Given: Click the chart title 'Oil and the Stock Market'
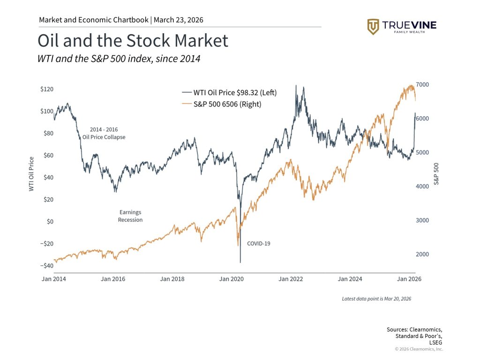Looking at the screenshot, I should click(133, 41).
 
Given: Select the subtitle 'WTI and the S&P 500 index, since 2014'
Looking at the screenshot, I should click(119, 59).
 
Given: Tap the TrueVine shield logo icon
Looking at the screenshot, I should click(373, 27).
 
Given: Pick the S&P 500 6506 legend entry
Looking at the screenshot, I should click(221, 104).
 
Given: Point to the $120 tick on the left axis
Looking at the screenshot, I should click(46, 89).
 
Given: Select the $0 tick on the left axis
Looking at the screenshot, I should click(49, 221).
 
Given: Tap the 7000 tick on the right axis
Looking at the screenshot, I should click(422, 84).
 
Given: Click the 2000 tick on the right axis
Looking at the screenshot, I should click(422, 254).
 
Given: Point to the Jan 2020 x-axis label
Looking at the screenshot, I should click(231, 279).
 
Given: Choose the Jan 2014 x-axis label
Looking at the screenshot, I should click(52, 279).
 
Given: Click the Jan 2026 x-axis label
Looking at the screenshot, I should click(409, 279).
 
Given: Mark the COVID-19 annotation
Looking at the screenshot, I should click(259, 243).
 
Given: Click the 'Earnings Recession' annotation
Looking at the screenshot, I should click(130, 216).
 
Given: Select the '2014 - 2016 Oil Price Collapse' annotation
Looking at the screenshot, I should click(104, 134).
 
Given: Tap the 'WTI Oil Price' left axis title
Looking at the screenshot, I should click(32, 173).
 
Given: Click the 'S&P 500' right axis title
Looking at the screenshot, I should click(436, 173).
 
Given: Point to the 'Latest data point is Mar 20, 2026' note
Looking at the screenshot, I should click(376, 299).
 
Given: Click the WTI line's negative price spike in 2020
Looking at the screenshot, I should click(240, 260).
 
